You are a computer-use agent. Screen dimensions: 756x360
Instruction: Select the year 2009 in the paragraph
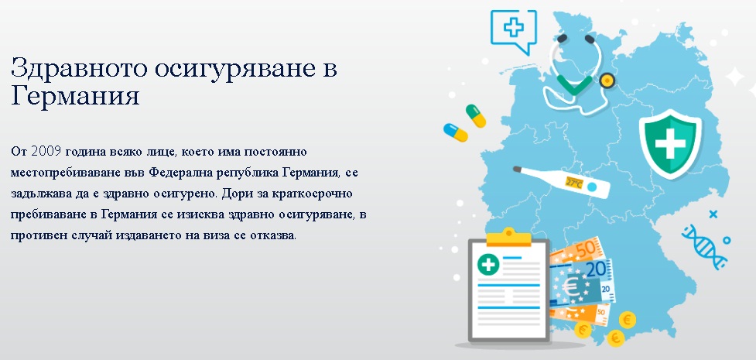tap(46, 152)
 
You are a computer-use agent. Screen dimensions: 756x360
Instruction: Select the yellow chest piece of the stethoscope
tap(607, 80)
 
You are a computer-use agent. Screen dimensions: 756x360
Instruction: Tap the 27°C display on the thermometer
tap(573, 183)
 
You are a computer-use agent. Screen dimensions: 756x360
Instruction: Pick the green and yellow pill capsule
tap(476, 116)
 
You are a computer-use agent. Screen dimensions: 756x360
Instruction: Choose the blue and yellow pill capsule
tap(456, 132)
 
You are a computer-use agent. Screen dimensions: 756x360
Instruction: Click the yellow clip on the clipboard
tap(508, 237)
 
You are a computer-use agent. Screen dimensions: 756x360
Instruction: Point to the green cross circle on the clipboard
tap(488, 264)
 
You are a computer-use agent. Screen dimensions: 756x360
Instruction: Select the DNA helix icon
tap(704, 247)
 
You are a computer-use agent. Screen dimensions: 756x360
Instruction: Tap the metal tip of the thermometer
tap(518, 170)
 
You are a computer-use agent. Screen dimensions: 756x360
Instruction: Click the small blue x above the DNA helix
tap(713, 214)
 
